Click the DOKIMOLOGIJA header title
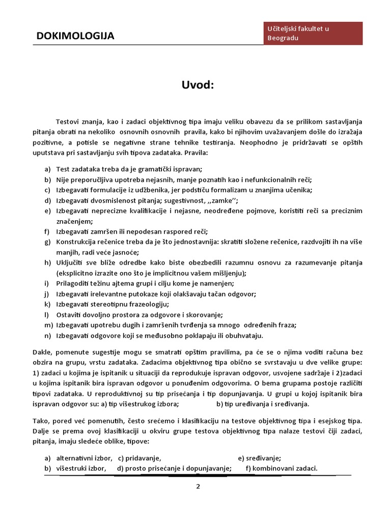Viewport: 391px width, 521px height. tap(75, 36)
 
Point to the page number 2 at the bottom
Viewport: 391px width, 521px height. tap(198, 486)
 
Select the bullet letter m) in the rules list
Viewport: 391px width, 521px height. tap(49, 325)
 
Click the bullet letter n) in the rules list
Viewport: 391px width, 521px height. tap(48, 335)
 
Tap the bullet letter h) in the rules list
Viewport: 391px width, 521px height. tap(48, 263)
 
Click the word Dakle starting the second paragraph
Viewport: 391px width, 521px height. tap(53, 352)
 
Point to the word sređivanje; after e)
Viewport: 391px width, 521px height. tap(264, 457)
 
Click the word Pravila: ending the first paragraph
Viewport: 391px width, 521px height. tap(203, 153)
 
